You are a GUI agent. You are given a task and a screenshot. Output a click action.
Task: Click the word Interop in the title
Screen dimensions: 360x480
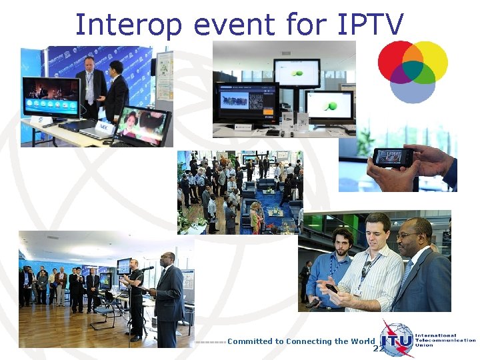[x=128, y=25]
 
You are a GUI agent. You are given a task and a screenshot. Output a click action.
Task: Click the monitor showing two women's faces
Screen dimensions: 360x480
[x=142, y=125]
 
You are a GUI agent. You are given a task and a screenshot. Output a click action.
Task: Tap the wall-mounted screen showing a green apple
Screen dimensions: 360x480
[x=296, y=71]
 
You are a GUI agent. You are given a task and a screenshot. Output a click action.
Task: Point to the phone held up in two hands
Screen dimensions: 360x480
[x=393, y=157]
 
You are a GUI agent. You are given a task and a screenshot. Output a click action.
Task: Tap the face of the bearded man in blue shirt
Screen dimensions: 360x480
[x=341, y=242]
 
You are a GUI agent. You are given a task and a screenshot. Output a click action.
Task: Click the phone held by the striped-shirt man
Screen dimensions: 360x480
[x=331, y=288]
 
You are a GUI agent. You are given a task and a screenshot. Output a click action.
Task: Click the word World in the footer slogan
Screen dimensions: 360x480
[x=363, y=341]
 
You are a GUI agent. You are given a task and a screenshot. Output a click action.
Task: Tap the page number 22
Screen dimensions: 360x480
[x=378, y=349]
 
